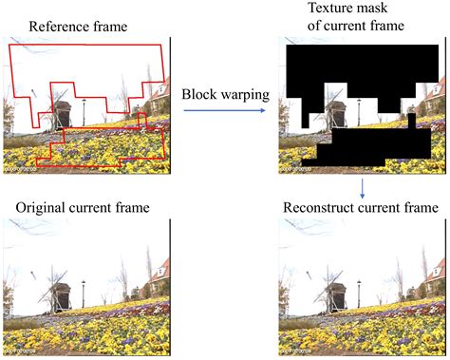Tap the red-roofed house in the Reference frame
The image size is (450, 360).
point(159,95)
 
